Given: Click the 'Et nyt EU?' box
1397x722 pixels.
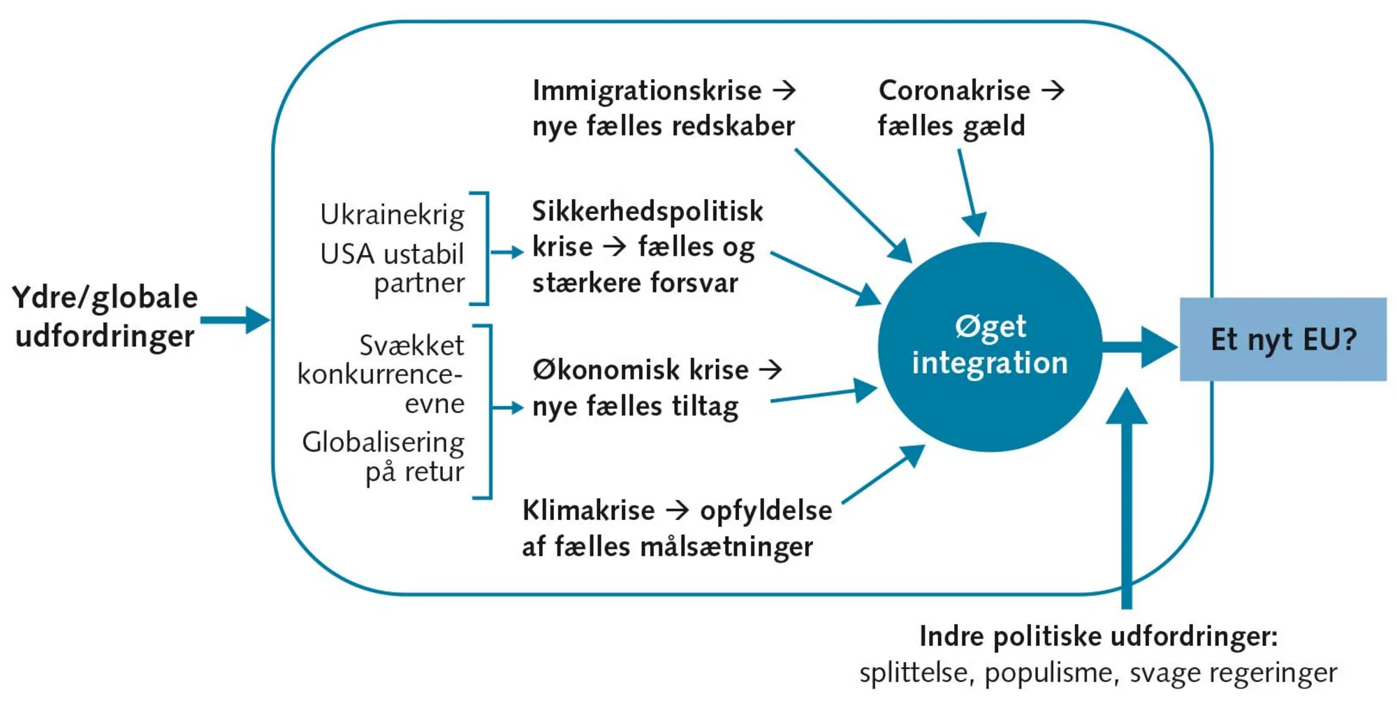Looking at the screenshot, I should click(x=1282, y=340).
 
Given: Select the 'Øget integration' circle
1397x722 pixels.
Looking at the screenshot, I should click(x=989, y=347).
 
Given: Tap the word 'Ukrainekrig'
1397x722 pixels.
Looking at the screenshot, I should click(x=392, y=215).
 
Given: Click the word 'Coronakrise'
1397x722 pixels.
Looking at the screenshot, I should click(x=954, y=91).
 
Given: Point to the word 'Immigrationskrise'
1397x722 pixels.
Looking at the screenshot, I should click(x=647, y=91).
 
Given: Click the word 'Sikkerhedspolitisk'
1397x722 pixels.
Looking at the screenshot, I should click(x=648, y=211).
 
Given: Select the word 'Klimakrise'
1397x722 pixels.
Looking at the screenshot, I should click(x=588, y=510).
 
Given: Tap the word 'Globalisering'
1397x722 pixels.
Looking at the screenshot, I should click(x=383, y=442).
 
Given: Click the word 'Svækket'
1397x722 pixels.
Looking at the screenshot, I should click(x=411, y=345).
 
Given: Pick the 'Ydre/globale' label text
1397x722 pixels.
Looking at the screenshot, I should click(x=105, y=298).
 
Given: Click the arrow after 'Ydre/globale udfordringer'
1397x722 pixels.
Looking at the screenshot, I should click(x=234, y=321).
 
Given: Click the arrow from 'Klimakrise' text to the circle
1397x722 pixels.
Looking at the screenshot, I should click(x=884, y=474).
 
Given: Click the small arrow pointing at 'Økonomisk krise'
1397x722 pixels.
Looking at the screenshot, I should click(x=507, y=407).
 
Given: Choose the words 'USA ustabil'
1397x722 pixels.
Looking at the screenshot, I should click(x=392, y=254).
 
